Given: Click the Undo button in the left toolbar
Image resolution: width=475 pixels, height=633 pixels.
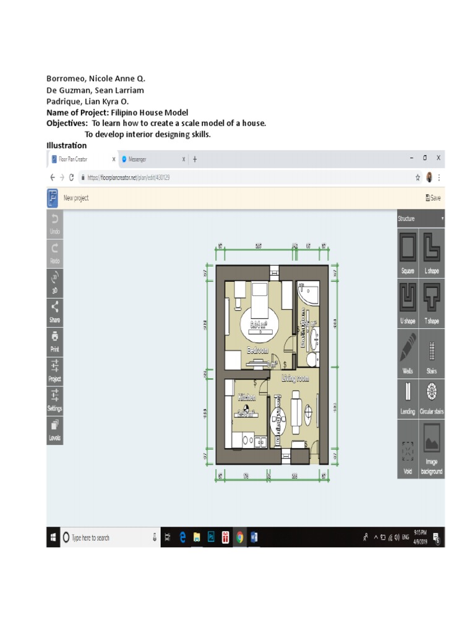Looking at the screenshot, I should pyautogui.click(x=54, y=223).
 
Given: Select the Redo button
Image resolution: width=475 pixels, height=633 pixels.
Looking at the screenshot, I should pyautogui.click(x=54, y=252).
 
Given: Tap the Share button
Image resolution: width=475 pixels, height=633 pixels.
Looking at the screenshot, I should pyautogui.click(x=54, y=311).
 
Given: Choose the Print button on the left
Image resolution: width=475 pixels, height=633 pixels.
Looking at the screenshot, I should pyautogui.click(x=54, y=341).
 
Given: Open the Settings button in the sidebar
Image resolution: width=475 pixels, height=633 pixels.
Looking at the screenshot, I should pyautogui.click(x=54, y=399).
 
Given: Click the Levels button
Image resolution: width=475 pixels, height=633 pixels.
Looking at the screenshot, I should pyautogui.click(x=54, y=428).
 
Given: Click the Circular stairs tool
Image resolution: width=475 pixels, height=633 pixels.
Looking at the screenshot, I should pyautogui.click(x=432, y=399).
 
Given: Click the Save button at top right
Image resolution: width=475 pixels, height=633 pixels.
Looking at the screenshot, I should pyautogui.click(x=433, y=198).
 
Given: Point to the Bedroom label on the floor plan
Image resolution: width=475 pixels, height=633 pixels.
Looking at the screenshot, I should pyautogui.click(x=258, y=350).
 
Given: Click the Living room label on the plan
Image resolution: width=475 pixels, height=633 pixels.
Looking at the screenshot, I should pyautogui.click(x=295, y=378).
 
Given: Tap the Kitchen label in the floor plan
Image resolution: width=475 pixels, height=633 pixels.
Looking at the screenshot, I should pyautogui.click(x=246, y=398).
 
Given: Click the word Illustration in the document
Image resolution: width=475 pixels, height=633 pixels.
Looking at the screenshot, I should pyautogui.click(x=67, y=145).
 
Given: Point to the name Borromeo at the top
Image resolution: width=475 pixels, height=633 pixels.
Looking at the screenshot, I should pyautogui.click(x=65, y=79).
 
